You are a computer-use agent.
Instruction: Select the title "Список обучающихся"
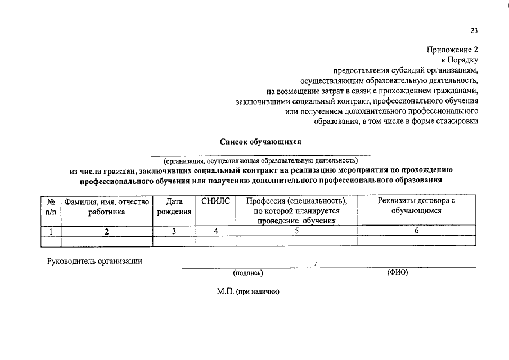click(260, 142)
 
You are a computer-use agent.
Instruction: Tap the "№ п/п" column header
click(51, 206)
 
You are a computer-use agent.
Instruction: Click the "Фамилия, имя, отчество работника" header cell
click(106, 206)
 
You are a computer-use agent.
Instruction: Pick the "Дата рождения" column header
click(174, 206)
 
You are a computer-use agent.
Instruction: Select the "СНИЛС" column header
click(215, 201)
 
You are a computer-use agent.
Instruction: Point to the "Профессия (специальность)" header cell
click(296, 210)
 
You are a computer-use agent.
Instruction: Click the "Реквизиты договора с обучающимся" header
click(416, 206)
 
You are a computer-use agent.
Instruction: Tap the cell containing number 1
click(51, 231)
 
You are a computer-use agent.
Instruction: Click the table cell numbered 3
click(174, 231)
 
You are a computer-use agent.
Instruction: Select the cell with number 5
click(296, 231)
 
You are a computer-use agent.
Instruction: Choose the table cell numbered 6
click(416, 231)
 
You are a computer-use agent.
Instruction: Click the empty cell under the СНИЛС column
click(215, 241)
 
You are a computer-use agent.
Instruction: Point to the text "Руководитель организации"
click(94, 260)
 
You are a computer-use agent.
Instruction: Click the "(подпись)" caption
click(248, 273)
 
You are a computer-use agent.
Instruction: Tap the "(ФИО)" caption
click(397, 273)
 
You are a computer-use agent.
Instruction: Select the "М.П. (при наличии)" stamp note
click(248, 292)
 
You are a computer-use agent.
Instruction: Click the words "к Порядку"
click(459, 60)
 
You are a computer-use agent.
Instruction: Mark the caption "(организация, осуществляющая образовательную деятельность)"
click(260, 160)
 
